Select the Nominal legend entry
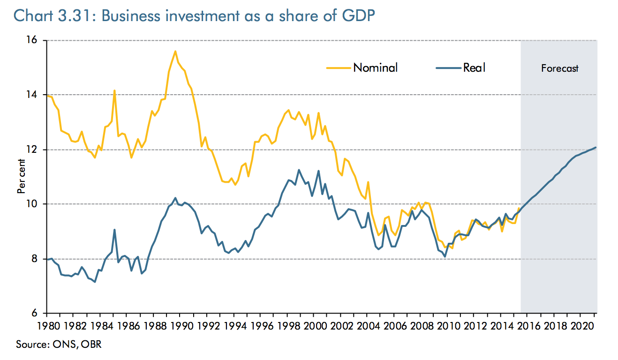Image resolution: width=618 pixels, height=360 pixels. [x=375, y=67]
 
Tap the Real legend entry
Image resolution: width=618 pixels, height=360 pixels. [x=474, y=67]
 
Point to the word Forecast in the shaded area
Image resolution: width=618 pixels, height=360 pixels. [x=559, y=68]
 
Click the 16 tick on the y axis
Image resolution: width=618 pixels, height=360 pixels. [x=37, y=41]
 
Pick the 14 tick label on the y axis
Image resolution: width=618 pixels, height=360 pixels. [x=37, y=95]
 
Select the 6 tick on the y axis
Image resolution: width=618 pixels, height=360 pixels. [x=39, y=313]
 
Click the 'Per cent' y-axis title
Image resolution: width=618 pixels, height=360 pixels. [x=21, y=177]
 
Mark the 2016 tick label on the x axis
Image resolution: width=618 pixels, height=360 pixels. [x=529, y=325]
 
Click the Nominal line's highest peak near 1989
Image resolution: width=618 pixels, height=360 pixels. [x=175, y=51]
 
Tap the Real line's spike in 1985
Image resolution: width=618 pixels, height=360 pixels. [x=114, y=230]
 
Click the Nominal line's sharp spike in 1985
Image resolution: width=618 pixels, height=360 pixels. [x=114, y=90]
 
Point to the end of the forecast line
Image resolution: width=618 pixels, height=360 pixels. [x=595, y=148]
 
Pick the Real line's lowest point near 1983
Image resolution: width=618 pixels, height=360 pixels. [x=95, y=282]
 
